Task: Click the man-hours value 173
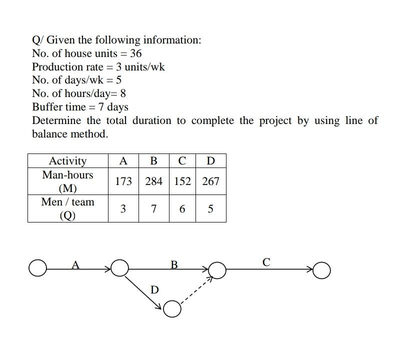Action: (x=123, y=181)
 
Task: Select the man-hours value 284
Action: (x=153, y=181)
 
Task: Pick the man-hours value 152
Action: (x=182, y=181)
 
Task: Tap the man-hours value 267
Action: (x=210, y=181)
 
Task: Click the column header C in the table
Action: (x=182, y=160)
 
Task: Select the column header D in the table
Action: (x=210, y=160)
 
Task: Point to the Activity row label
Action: (x=67, y=160)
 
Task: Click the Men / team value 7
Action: (x=153, y=208)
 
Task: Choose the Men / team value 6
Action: (x=182, y=208)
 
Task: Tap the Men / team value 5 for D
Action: (x=210, y=208)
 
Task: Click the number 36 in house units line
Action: (x=135, y=53)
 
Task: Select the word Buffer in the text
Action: (x=47, y=107)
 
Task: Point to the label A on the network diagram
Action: (x=75, y=264)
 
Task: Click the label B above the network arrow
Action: (x=174, y=264)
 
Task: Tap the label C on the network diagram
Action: (x=266, y=261)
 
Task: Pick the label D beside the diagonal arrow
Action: (x=154, y=289)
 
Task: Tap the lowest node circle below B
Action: (x=171, y=309)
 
